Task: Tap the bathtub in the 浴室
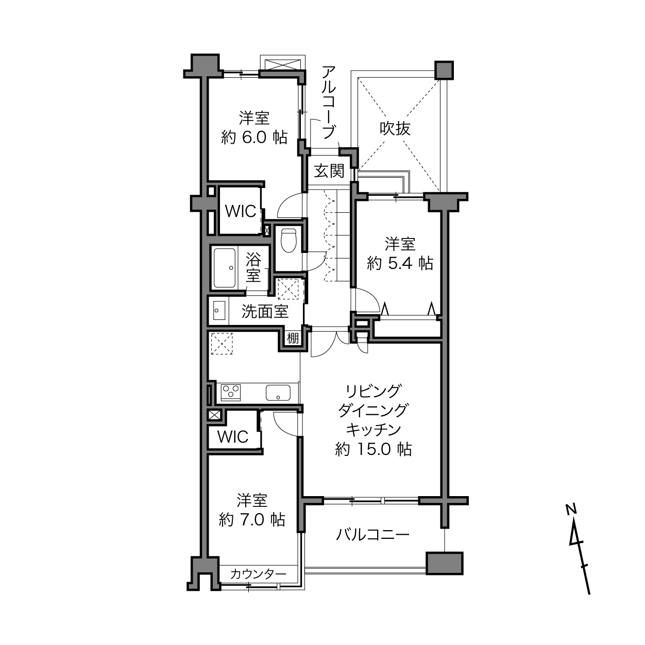tap(225, 268)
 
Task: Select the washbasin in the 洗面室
tap(219, 310)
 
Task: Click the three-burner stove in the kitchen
tap(231, 393)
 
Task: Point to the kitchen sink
tap(278, 393)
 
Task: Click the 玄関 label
tap(329, 171)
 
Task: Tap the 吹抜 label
tap(395, 128)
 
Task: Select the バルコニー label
tap(372, 535)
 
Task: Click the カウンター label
tap(258, 574)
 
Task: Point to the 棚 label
tap(293, 338)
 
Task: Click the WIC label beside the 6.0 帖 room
tap(241, 211)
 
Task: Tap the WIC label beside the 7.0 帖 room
tap(233, 436)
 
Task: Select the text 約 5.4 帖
tap(400, 263)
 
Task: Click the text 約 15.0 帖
tap(374, 449)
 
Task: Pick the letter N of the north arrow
tap(572, 509)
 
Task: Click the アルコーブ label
tap(329, 102)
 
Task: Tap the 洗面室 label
tap(265, 312)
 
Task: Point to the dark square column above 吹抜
tap(444, 70)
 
